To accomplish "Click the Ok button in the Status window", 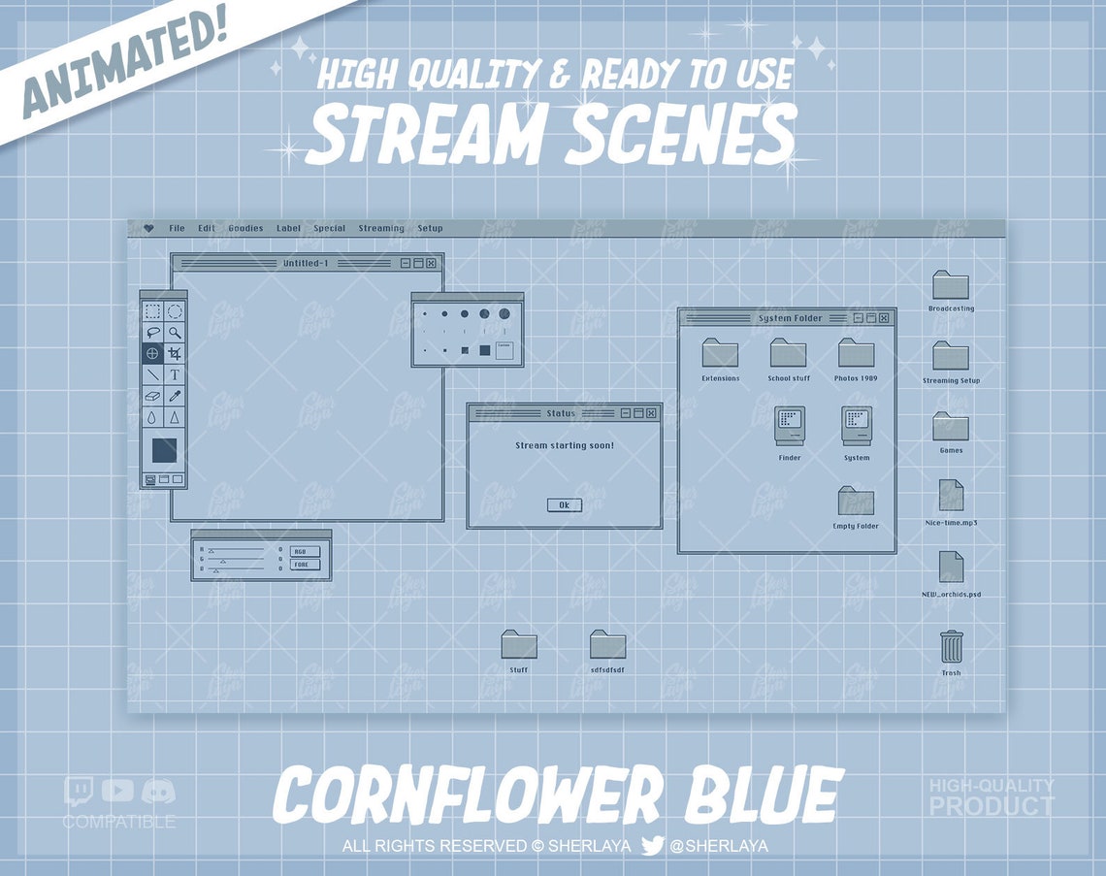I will point(564,505).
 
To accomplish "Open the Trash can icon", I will point(951,646).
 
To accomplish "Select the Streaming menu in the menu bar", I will point(381,229).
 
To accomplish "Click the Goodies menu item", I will point(245,229).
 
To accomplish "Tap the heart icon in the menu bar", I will point(148,229).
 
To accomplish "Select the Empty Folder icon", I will point(856,502).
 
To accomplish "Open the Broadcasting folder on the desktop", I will point(951,285).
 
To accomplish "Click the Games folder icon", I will point(951,427).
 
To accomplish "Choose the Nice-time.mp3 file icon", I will point(951,496).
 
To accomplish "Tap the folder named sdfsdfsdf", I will point(607,645).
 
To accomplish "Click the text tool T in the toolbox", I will point(175,374).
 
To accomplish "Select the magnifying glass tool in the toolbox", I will point(175,332).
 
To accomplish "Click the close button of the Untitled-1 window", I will point(431,263).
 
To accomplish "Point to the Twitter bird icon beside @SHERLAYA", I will point(653,846).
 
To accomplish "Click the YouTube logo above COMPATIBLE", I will point(117,791).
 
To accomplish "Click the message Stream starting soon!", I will point(564,445).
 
